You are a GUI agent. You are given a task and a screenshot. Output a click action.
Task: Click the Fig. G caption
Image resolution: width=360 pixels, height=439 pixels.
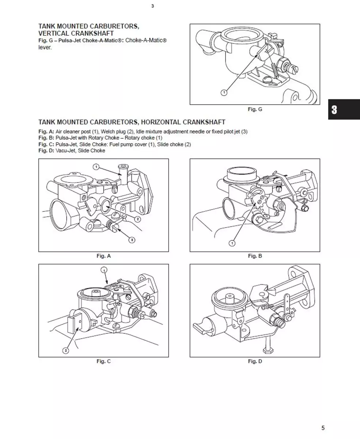pyautogui.click(x=255, y=109)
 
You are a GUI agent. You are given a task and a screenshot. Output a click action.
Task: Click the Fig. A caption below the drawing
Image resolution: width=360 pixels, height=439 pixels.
pyautogui.click(x=103, y=256)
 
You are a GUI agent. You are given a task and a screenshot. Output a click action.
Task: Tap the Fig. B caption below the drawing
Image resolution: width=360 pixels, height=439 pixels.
pyautogui.click(x=255, y=256)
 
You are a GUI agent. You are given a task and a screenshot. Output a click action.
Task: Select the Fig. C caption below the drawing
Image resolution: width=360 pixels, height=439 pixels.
pyautogui.click(x=103, y=361)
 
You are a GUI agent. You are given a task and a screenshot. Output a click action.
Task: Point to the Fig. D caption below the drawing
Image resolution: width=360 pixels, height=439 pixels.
pyautogui.click(x=255, y=361)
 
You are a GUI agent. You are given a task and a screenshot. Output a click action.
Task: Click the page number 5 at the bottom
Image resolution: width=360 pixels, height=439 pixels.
pyautogui.click(x=323, y=428)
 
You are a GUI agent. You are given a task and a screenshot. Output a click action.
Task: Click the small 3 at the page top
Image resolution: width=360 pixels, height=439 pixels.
pyautogui.click(x=152, y=6)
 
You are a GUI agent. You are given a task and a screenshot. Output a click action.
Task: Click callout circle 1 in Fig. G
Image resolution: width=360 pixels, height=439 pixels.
pyautogui.click(x=224, y=93)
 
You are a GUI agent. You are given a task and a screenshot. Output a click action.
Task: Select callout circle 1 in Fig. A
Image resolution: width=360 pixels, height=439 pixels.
pyautogui.click(x=96, y=167)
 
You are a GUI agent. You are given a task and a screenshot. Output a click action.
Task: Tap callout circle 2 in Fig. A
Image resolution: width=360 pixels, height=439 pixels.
pyautogui.click(x=138, y=219)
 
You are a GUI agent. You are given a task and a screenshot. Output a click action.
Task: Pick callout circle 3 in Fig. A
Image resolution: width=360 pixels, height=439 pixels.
pyautogui.click(x=132, y=240)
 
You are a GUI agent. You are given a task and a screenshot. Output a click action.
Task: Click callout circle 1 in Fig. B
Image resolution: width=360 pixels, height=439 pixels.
pyautogui.click(x=232, y=243)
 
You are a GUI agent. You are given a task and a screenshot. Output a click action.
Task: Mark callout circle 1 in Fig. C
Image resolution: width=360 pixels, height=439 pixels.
pyautogui.click(x=104, y=270)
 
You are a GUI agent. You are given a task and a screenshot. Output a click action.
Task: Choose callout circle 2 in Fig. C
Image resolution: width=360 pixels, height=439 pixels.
pyautogui.click(x=66, y=350)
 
